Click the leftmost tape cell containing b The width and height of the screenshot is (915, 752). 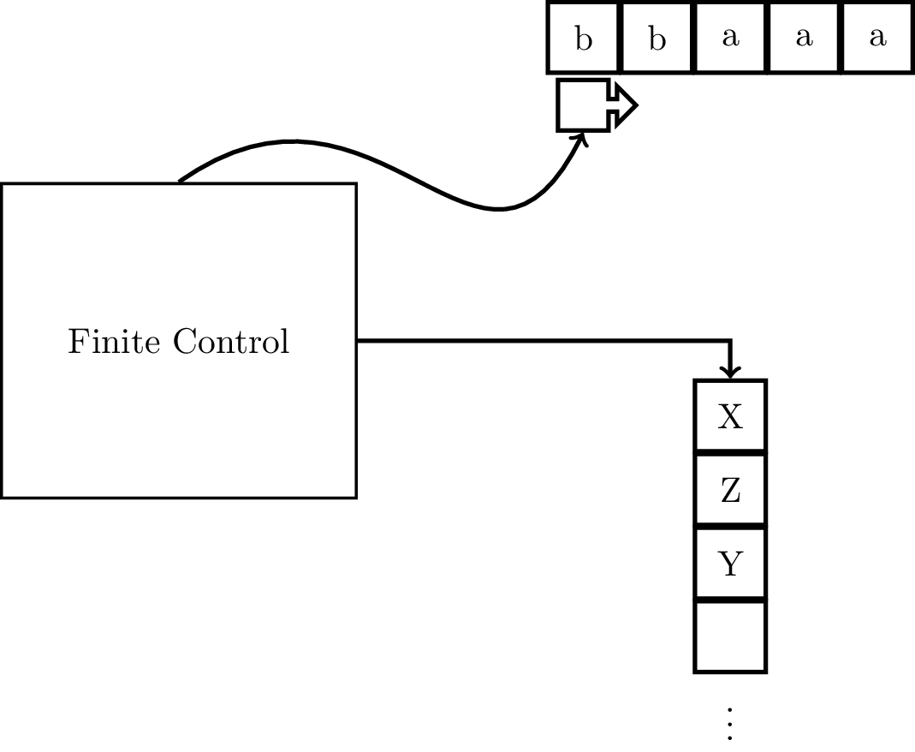pyautogui.click(x=583, y=39)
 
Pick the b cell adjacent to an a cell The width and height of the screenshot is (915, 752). pyautogui.click(x=657, y=39)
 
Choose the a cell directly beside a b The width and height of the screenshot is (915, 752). pyautogui.click(x=730, y=39)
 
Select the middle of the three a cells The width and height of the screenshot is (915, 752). pyautogui.click(x=803, y=39)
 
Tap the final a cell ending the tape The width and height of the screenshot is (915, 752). pyautogui.click(x=876, y=39)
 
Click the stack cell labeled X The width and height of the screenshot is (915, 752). pyautogui.click(x=729, y=416)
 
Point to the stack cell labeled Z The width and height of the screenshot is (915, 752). pyautogui.click(x=729, y=490)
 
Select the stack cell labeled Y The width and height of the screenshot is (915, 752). pyautogui.click(x=729, y=564)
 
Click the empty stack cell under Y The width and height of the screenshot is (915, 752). pyautogui.click(x=729, y=637)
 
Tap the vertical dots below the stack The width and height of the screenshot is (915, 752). pyautogui.click(x=730, y=724)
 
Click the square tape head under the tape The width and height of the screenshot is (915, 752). pyautogui.click(x=583, y=105)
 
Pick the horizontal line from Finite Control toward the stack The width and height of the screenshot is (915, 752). pyautogui.click(x=539, y=341)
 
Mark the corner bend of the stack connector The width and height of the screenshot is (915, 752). pyautogui.click(x=729, y=342)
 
